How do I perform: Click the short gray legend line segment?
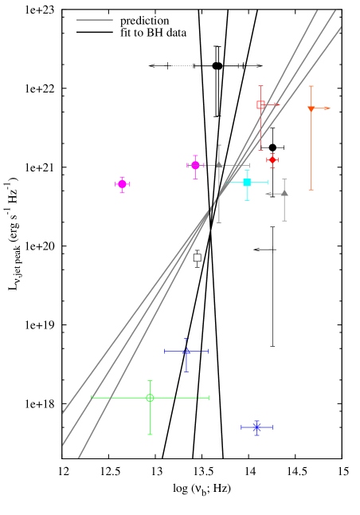click(95, 20)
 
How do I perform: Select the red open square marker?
click(260, 104)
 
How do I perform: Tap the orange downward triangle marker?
click(311, 109)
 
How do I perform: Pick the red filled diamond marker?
click(272, 159)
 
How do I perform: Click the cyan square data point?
click(247, 183)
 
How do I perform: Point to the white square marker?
click(197, 257)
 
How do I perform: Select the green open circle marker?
click(150, 397)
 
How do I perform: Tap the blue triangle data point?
click(186, 351)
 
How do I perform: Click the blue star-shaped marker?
click(256, 427)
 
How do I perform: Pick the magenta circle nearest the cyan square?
click(195, 165)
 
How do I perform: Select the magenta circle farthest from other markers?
click(122, 184)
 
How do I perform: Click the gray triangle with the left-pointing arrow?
click(284, 193)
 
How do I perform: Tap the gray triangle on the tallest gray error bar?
click(219, 165)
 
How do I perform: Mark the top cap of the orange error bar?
click(311, 86)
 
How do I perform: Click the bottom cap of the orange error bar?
click(311, 190)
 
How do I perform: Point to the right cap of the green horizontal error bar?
click(209, 397)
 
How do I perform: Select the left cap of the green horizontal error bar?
click(92, 397)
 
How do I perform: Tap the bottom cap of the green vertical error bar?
click(150, 434)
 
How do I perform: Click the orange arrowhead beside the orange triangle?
click(327, 108)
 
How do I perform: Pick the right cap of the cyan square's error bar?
click(268, 183)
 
